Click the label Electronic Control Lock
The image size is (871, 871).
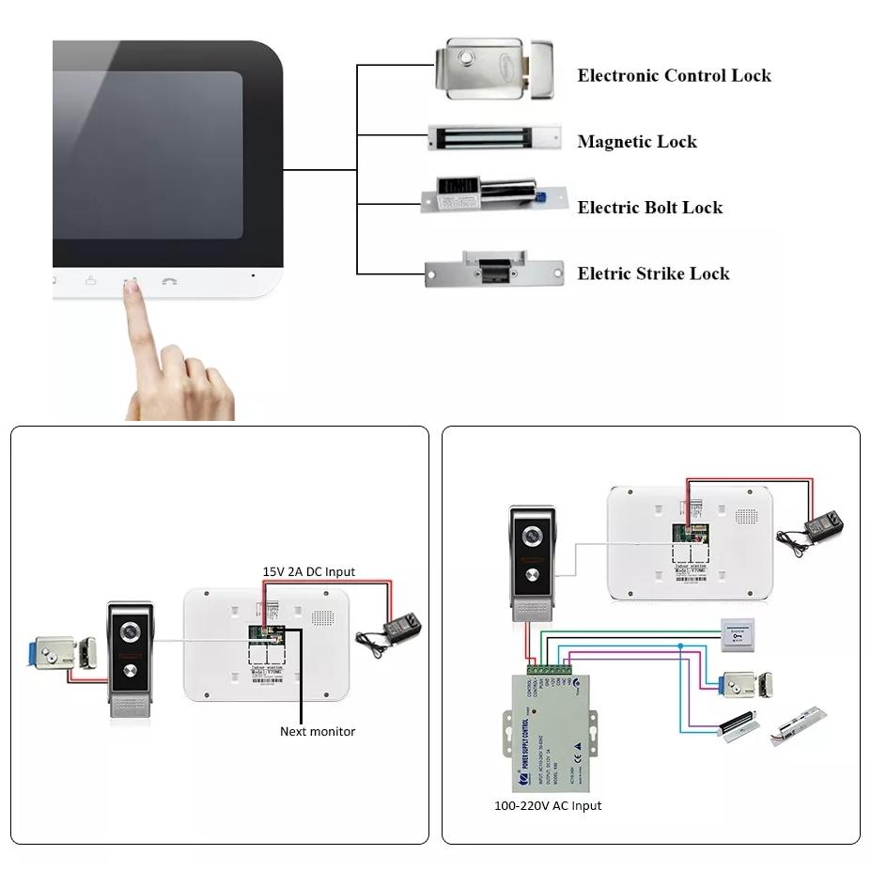[x=674, y=76]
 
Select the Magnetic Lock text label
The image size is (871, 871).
[x=637, y=142]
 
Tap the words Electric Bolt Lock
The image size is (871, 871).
[x=649, y=208]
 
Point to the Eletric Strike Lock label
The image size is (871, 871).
[x=653, y=273]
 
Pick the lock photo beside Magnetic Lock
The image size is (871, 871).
[x=494, y=137]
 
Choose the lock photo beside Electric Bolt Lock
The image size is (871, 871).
[x=495, y=196]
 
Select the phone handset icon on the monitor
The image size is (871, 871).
[x=169, y=281]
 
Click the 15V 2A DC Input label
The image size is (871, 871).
[x=308, y=571]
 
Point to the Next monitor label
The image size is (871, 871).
[x=318, y=731]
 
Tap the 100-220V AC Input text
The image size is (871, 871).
[x=548, y=805]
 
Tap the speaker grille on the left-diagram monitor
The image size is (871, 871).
[x=323, y=617]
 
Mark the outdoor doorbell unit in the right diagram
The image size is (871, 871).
[x=531, y=564]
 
